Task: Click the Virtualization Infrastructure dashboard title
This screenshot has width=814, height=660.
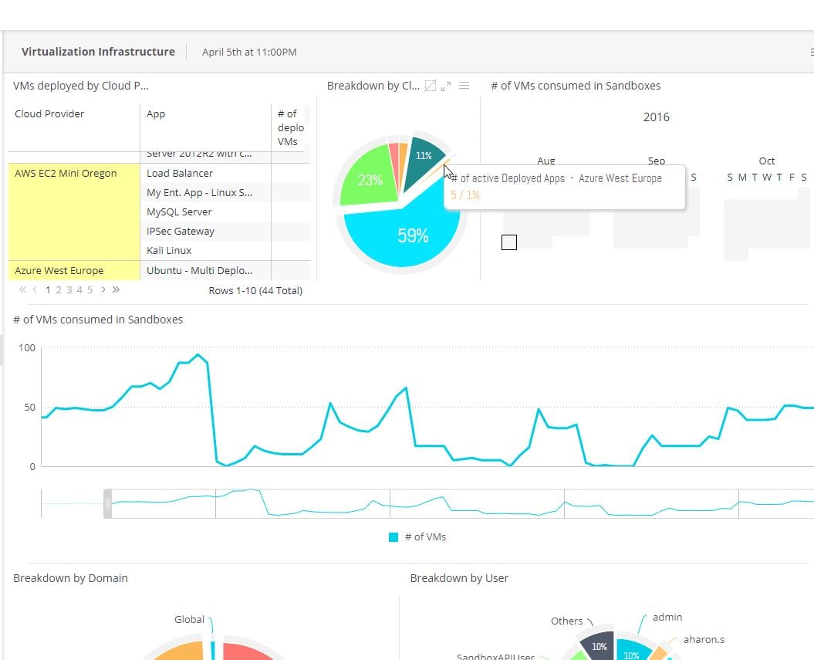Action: tap(98, 52)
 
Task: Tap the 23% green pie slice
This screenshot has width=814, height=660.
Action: tap(370, 180)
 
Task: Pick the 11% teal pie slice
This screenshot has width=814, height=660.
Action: tap(424, 155)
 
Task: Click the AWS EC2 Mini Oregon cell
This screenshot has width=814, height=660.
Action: tap(66, 173)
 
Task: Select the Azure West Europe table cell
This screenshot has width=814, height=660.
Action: tap(59, 271)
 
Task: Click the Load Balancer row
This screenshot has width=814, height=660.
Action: tap(180, 173)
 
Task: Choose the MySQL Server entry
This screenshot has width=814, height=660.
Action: tap(179, 212)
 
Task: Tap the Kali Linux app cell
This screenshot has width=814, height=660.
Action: tap(169, 250)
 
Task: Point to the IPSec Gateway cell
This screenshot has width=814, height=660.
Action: tap(181, 231)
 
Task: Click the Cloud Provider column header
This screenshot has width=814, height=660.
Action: tap(49, 113)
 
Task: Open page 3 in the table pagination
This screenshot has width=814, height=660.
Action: tap(69, 290)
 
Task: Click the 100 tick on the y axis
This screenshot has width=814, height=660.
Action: tap(27, 347)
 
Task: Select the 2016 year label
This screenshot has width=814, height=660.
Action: tap(656, 117)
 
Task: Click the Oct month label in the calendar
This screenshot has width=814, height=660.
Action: tap(766, 161)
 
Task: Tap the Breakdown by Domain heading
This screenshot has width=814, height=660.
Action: tap(70, 577)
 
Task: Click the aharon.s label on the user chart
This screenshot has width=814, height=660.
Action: tap(704, 640)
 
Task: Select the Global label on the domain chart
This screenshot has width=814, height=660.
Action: tap(189, 619)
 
